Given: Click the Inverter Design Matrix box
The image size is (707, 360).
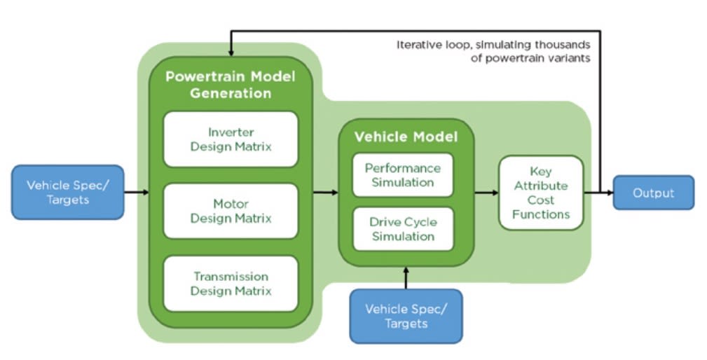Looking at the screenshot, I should pyautogui.click(x=231, y=139).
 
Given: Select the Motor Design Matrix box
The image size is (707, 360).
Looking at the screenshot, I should pyautogui.click(x=231, y=211).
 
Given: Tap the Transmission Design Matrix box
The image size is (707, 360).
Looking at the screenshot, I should pyautogui.click(x=231, y=284).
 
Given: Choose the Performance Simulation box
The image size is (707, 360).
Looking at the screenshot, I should pyautogui.click(x=403, y=175).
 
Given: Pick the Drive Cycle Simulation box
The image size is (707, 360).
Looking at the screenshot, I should pyautogui.click(x=403, y=229).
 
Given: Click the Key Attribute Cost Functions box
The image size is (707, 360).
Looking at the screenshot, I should pyautogui.click(x=541, y=193).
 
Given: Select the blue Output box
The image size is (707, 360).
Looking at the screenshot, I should pyautogui.click(x=653, y=193).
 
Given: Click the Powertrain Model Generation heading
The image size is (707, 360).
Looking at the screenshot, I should pyautogui.click(x=230, y=84).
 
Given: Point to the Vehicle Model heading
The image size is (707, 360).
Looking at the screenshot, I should pyautogui.click(x=406, y=137).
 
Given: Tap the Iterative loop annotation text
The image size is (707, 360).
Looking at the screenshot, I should pyautogui.click(x=493, y=51).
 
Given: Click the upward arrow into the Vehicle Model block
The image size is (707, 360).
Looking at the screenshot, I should pyautogui.click(x=406, y=277).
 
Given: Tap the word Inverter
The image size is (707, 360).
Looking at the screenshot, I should pyautogui.click(x=231, y=132).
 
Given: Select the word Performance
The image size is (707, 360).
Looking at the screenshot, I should pyautogui.click(x=403, y=168).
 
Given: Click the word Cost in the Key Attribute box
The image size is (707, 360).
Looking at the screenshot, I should pyautogui.click(x=541, y=200).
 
